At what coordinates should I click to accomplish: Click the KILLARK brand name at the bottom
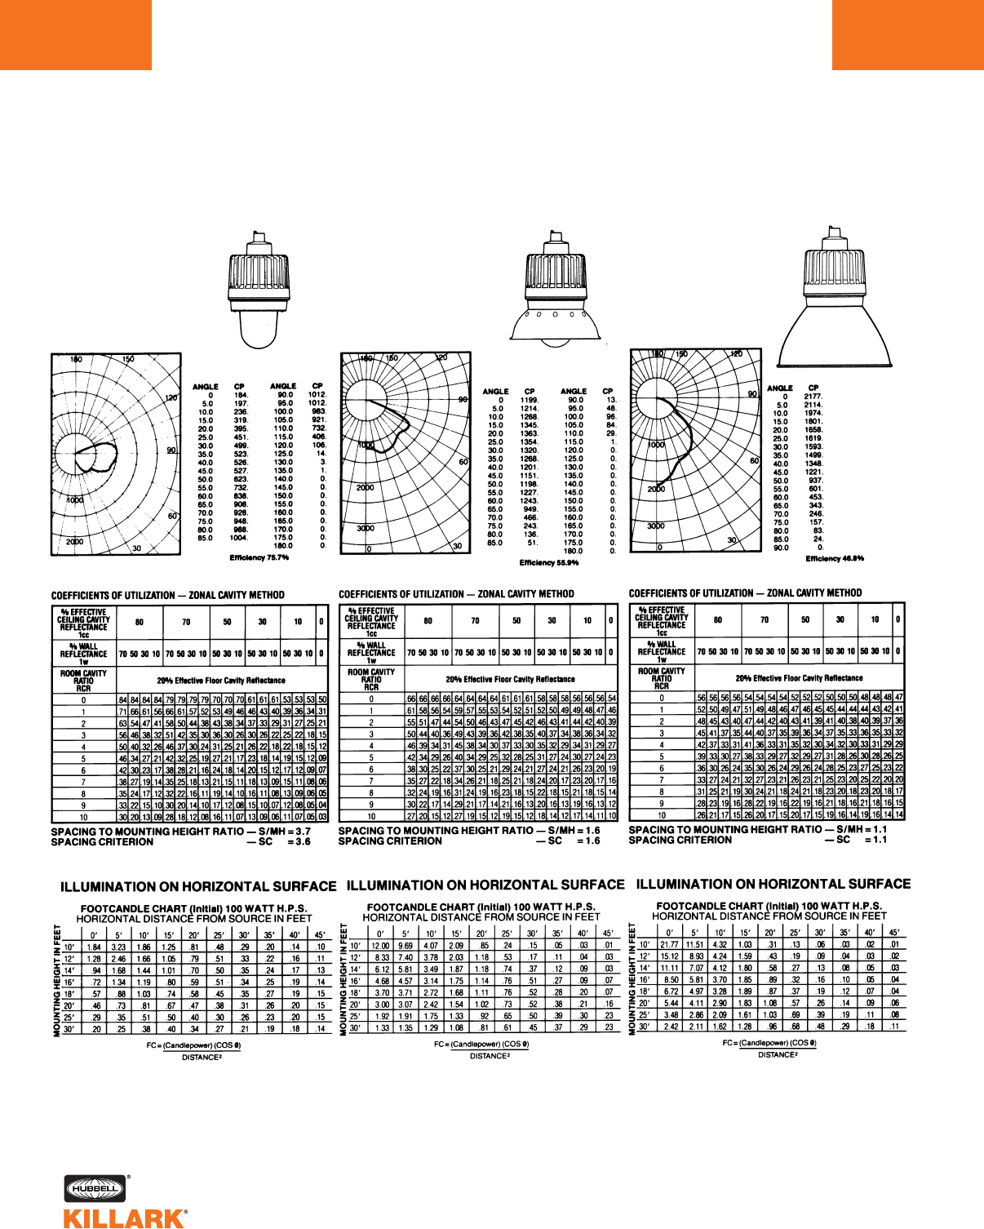coord(124,1218)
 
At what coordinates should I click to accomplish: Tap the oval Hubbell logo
coord(94,1189)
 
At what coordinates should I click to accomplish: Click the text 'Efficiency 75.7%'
coord(259,558)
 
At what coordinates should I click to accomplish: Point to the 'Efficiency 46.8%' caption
coord(835,559)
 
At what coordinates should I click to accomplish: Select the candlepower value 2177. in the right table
coord(813,397)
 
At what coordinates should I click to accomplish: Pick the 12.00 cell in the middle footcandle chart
coord(380,945)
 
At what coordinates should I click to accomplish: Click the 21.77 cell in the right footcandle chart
coord(669,944)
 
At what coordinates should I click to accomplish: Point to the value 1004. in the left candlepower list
coord(238,538)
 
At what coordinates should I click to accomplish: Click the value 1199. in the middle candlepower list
coord(530,400)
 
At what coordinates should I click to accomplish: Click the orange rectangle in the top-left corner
coord(75,34)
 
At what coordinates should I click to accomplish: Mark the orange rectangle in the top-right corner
coord(907,34)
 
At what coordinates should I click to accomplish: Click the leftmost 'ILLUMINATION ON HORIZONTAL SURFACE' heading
coord(198,887)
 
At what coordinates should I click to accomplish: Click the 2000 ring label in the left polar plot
coord(74,542)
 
